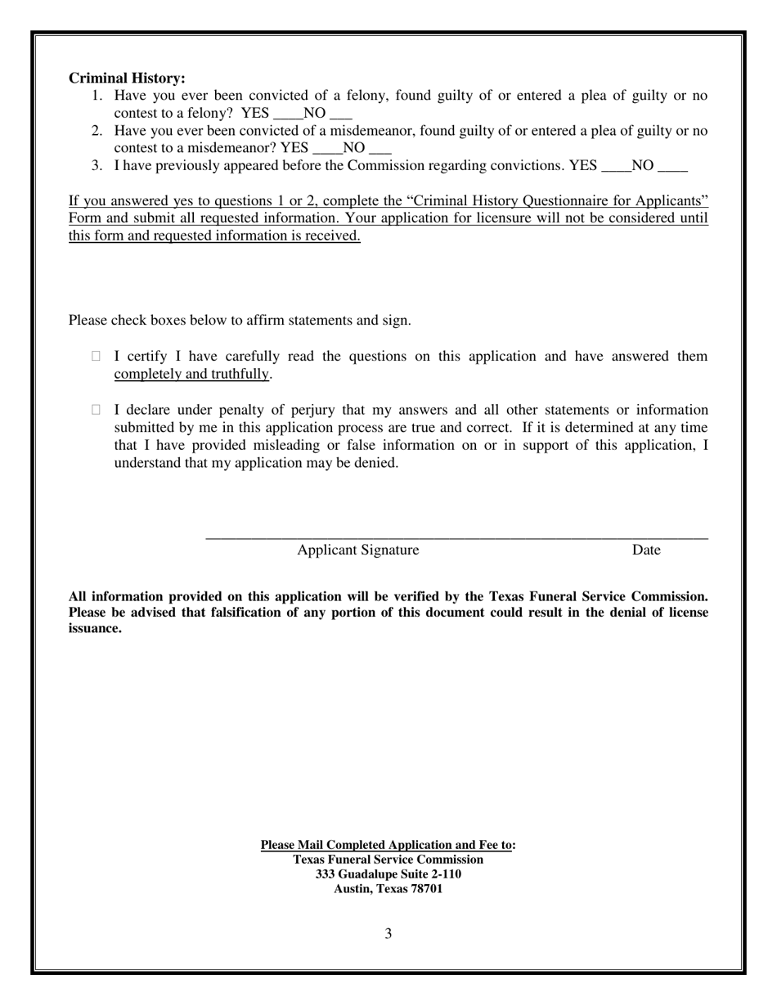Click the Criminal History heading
point(127,79)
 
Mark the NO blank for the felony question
point(341,115)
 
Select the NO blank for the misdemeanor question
point(380,149)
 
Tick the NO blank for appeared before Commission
point(672,167)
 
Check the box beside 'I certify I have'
point(97,356)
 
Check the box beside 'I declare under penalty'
point(97,410)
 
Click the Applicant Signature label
point(357,550)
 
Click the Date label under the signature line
point(645,550)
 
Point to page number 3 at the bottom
point(388,934)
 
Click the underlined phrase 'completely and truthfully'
point(191,375)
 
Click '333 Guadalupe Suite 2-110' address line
point(388,874)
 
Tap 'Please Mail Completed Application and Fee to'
point(387,845)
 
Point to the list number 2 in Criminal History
point(97,131)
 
